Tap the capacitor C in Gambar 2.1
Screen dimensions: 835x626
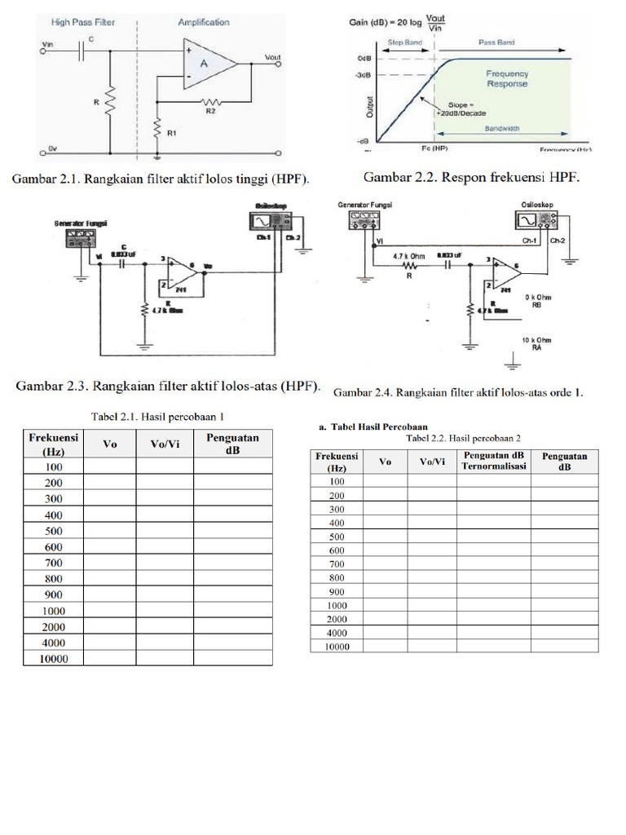81,51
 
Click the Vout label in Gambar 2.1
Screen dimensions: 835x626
272,57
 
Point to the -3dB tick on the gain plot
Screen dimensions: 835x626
364,76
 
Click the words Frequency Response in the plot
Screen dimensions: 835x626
507,78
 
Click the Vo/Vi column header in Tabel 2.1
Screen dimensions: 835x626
164,444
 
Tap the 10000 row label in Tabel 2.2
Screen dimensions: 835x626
337,647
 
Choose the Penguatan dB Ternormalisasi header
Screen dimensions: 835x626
493,461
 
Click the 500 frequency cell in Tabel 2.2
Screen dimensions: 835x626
337,537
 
